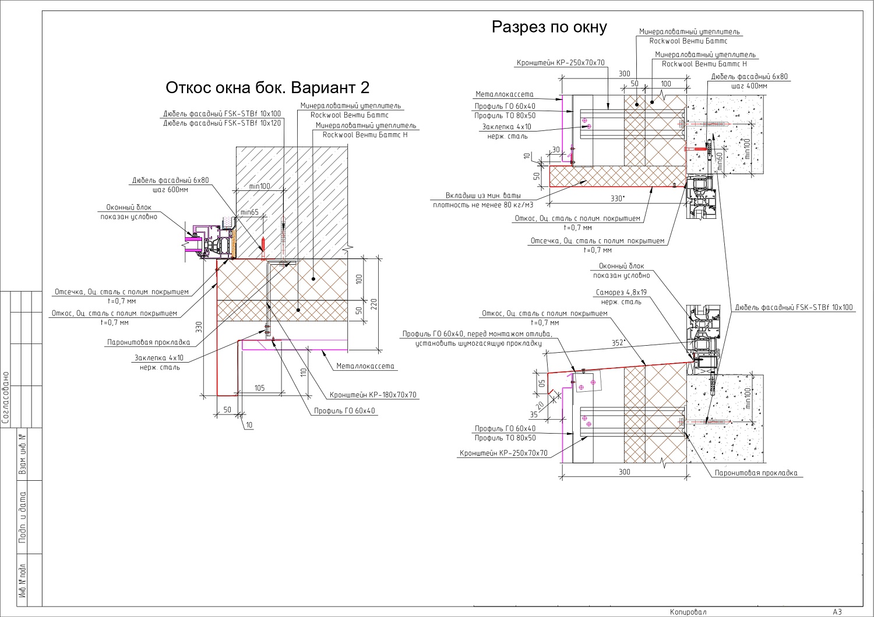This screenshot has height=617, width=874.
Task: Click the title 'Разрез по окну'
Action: pos(549,27)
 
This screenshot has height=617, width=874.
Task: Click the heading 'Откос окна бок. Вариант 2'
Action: pos(267,88)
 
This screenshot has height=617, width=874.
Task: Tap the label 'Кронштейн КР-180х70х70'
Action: pos(373,395)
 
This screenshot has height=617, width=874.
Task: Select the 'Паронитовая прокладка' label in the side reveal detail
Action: pos(149,343)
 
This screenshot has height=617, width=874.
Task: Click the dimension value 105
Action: pos(259,388)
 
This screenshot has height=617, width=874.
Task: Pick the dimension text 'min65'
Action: pos(249,212)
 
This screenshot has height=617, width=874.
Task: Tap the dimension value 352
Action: pos(618,343)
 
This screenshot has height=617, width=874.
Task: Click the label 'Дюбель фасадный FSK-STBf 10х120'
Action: pos(221,123)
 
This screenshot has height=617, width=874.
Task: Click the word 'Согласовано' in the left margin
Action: pos(6,398)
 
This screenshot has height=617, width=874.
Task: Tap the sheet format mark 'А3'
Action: pos(837,612)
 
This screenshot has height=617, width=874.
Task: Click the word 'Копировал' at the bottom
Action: pos(688,612)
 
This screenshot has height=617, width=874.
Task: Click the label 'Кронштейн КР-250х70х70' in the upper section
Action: pos(561,63)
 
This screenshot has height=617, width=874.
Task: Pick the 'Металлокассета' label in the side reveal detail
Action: pos(365,366)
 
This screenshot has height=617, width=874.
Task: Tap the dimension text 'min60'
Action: pos(720,162)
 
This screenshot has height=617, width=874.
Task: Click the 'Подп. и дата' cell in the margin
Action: pos(23,517)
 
